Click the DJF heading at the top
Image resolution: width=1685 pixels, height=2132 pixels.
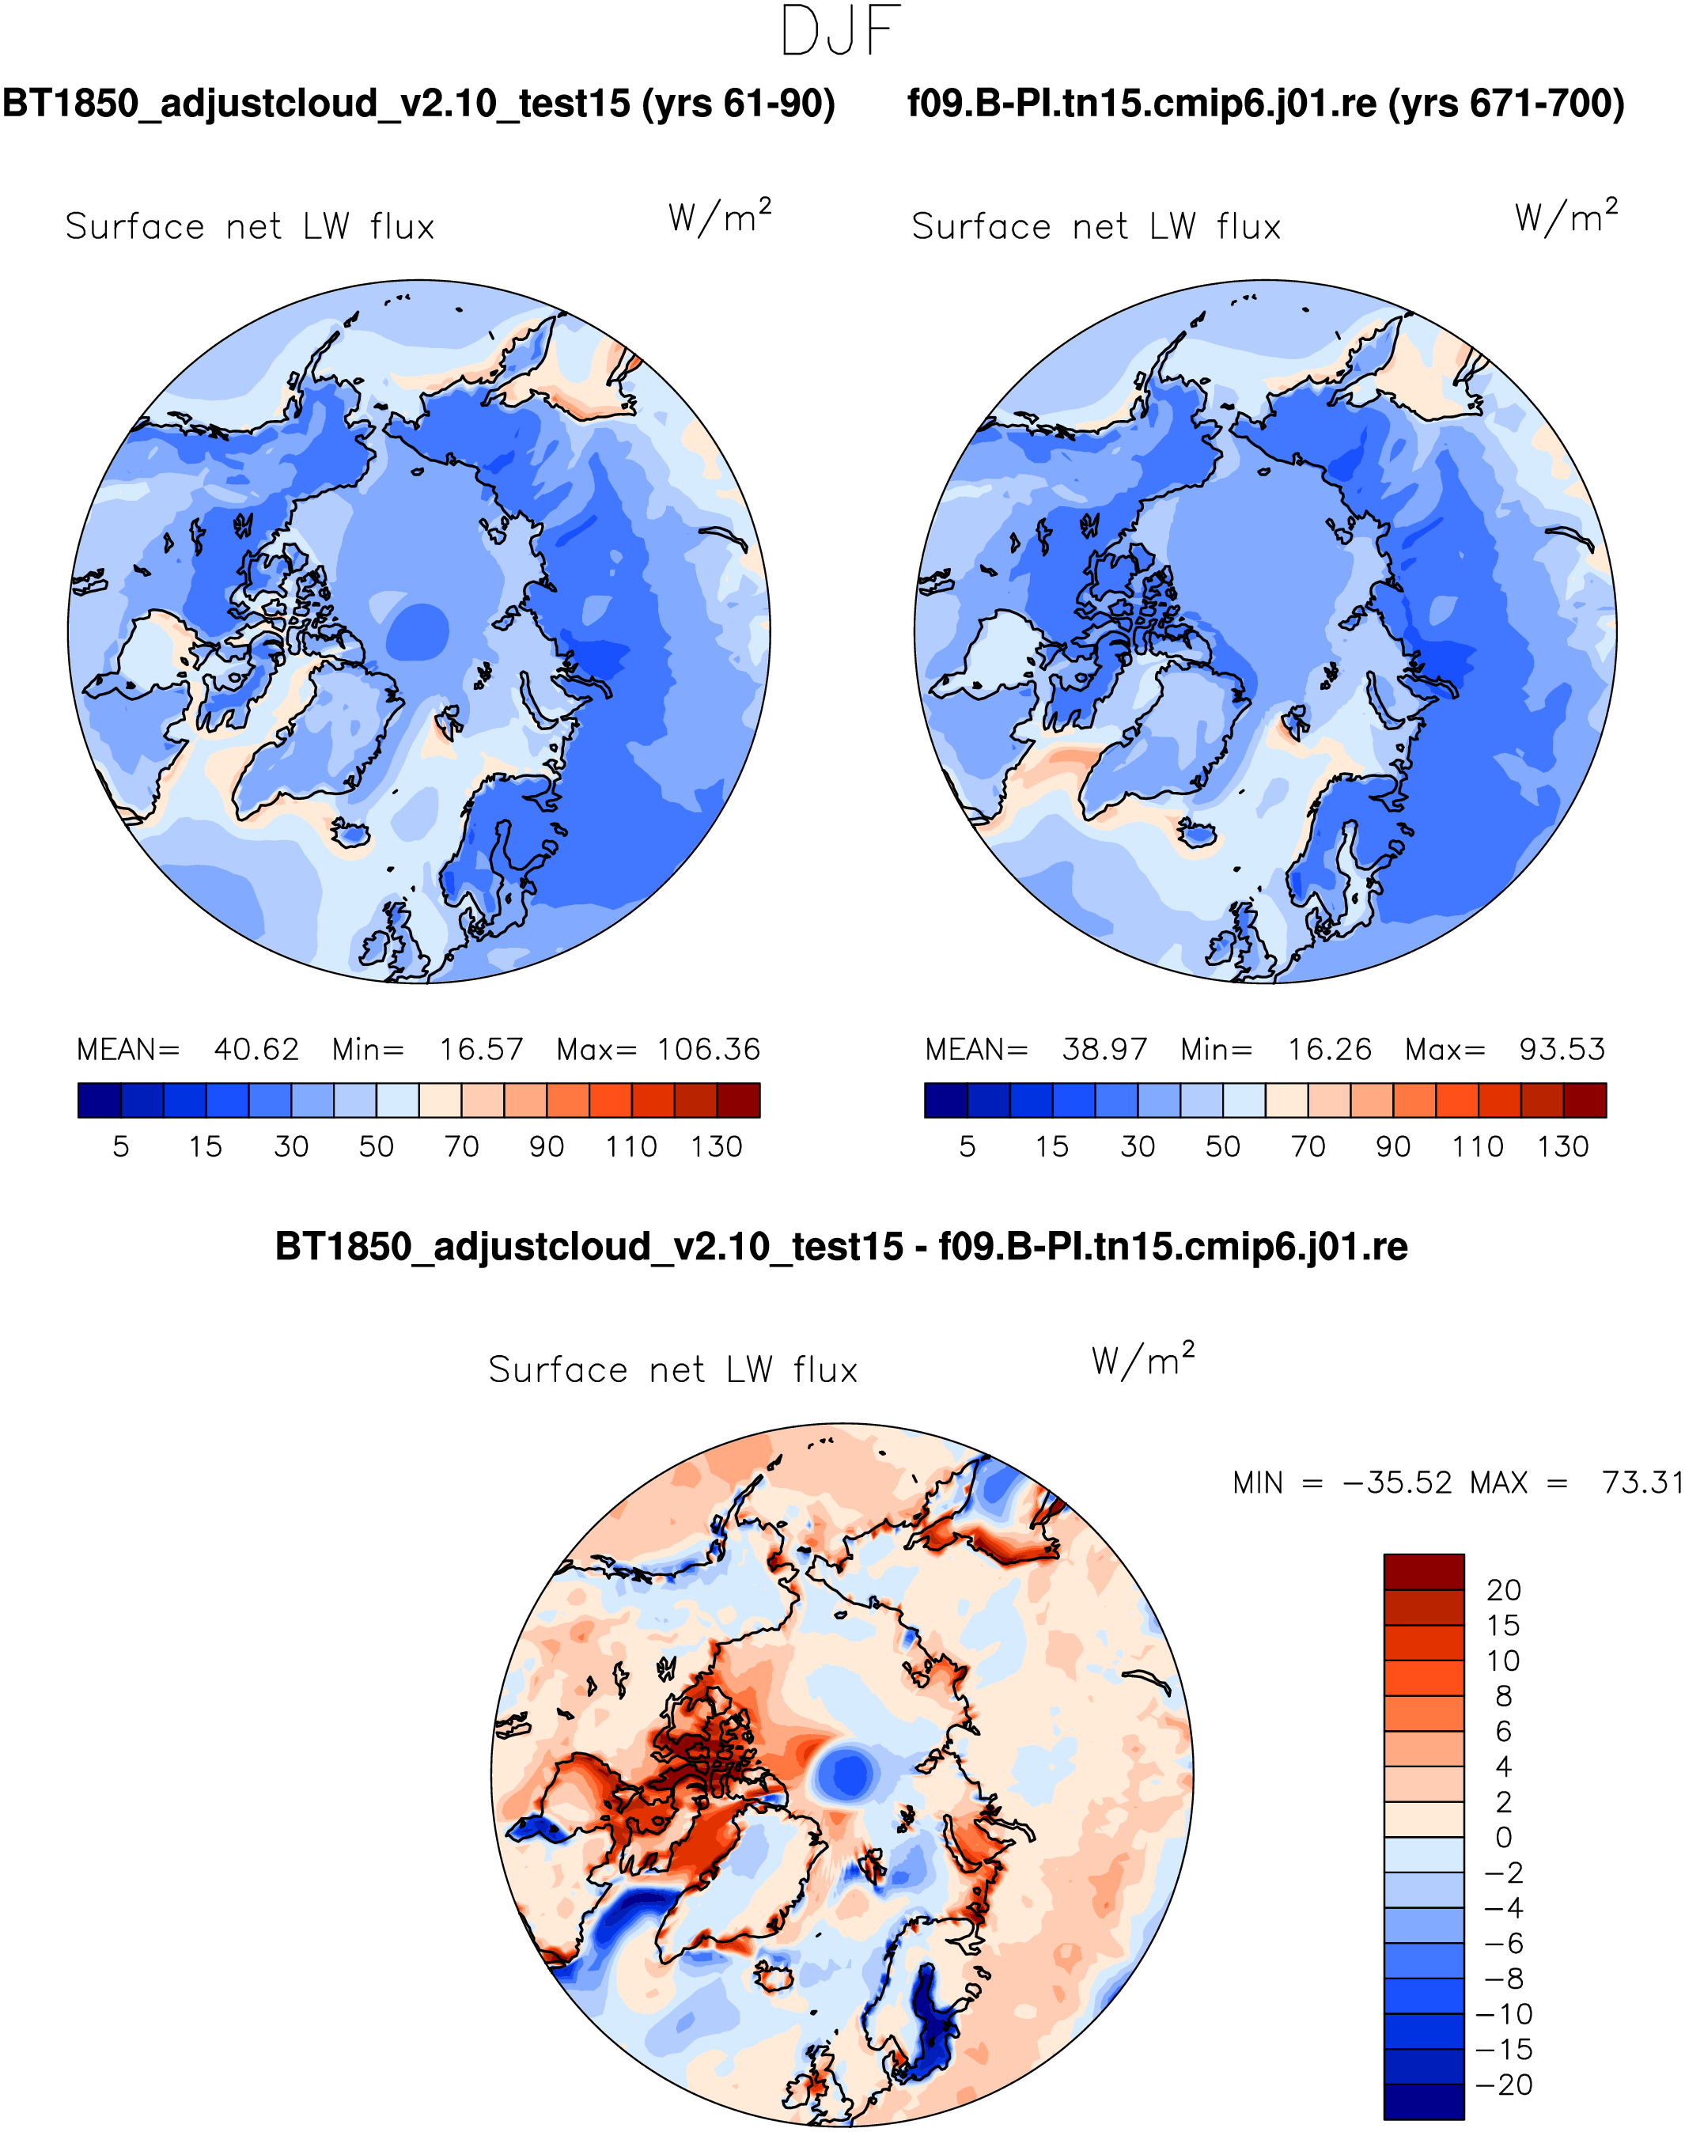[x=841, y=31]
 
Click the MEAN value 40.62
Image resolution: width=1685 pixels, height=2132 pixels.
[x=256, y=1049]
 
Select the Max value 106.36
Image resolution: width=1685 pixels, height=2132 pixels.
[x=710, y=1049]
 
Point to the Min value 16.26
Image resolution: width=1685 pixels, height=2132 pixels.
[x=1329, y=1049]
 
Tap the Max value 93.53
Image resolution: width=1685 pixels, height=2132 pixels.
[x=1562, y=1049]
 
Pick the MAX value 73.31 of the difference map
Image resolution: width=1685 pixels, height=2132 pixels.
[x=1642, y=1483]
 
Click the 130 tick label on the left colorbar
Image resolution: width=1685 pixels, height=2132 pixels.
[x=716, y=1146]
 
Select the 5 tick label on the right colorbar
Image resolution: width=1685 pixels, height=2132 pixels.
[x=967, y=1146]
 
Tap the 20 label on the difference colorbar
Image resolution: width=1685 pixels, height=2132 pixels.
[x=1504, y=1589]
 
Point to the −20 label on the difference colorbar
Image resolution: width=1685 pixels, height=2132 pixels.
[x=1504, y=2085]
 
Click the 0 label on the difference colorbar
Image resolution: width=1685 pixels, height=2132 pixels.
[x=1504, y=1837]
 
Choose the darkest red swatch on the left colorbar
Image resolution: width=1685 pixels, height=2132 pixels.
[x=739, y=1100]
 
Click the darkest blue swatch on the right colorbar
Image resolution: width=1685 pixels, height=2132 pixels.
[x=946, y=1100]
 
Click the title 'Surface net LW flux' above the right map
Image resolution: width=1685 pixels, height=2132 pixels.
[x=1096, y=227]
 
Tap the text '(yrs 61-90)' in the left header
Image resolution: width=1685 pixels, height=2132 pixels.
[x=739, y=104]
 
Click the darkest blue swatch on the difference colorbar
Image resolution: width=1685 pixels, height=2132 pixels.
[x=1424, y=2101]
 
